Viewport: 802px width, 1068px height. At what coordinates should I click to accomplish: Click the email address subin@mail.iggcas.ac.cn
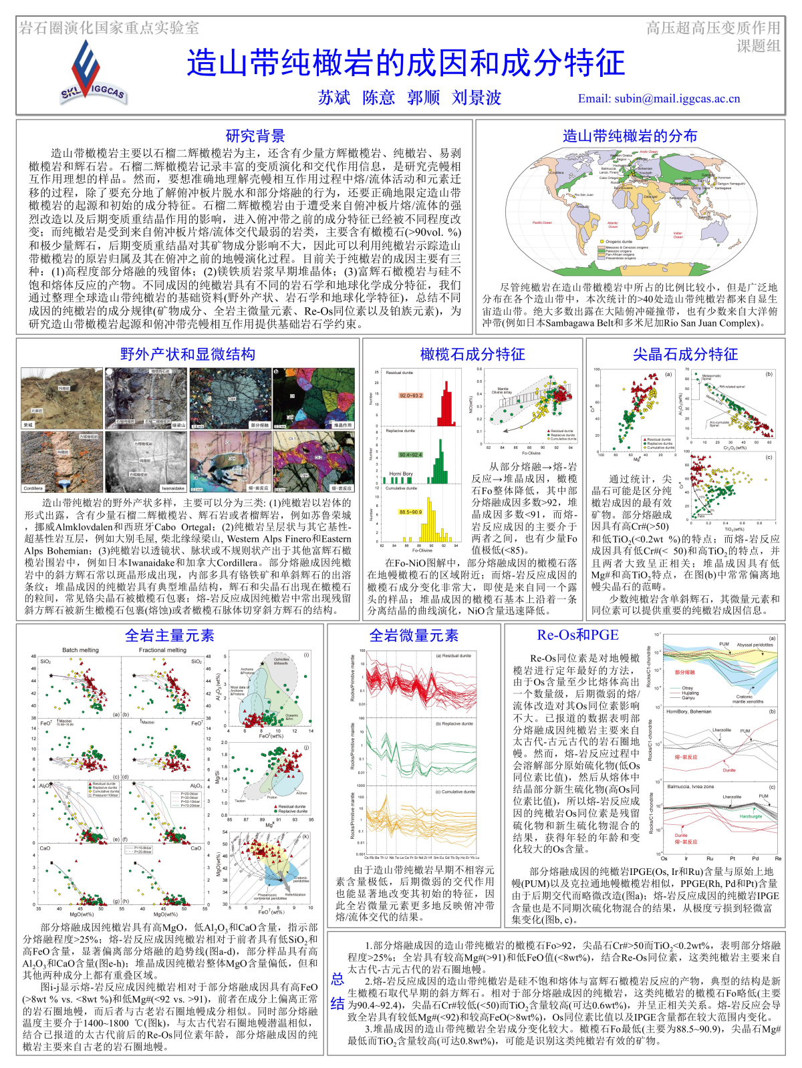[659, 99]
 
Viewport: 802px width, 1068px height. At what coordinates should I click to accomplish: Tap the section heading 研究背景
[255, 136]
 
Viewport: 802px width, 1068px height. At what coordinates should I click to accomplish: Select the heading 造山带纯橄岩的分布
[630, 136]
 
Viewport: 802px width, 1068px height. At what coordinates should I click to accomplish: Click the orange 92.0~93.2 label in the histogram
[410, 395]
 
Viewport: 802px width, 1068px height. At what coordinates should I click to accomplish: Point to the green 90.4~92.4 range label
[410, 455]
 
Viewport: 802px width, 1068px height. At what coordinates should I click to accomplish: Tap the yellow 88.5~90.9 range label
[410, 512]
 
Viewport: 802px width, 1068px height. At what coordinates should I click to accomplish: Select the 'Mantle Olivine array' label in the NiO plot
[503, 391]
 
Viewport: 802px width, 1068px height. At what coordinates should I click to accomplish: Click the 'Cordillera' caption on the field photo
[33, 488]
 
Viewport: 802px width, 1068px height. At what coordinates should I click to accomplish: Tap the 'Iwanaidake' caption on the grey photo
[172, 488]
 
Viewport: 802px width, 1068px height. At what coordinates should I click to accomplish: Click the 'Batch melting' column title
[80, 650]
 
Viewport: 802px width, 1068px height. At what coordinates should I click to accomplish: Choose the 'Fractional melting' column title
[162, 650]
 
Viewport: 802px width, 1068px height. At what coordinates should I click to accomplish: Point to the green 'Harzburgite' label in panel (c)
[751, 816]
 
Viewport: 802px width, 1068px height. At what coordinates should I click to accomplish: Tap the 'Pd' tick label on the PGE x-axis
[755, 858]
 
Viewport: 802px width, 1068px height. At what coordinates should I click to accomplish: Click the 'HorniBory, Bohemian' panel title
[689, 711]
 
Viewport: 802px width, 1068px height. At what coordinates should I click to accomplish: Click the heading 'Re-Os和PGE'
[577, 635]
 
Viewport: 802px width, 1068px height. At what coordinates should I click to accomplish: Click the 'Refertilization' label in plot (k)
[295, 894]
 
